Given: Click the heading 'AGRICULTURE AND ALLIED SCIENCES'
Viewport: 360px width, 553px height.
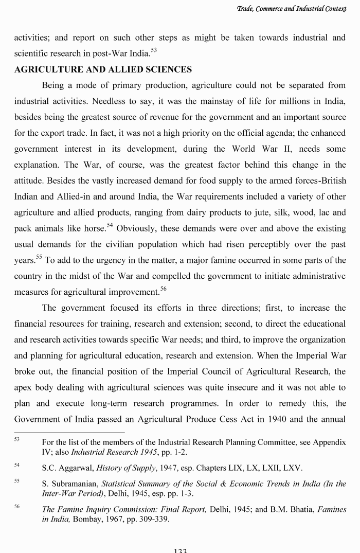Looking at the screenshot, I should [103, 69].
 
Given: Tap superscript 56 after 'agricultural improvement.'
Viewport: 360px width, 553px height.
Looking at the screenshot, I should [163, 290].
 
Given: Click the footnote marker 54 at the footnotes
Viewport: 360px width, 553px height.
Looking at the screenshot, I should [16, 466].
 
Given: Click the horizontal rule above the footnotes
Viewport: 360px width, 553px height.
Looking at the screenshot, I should [69, 433].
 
